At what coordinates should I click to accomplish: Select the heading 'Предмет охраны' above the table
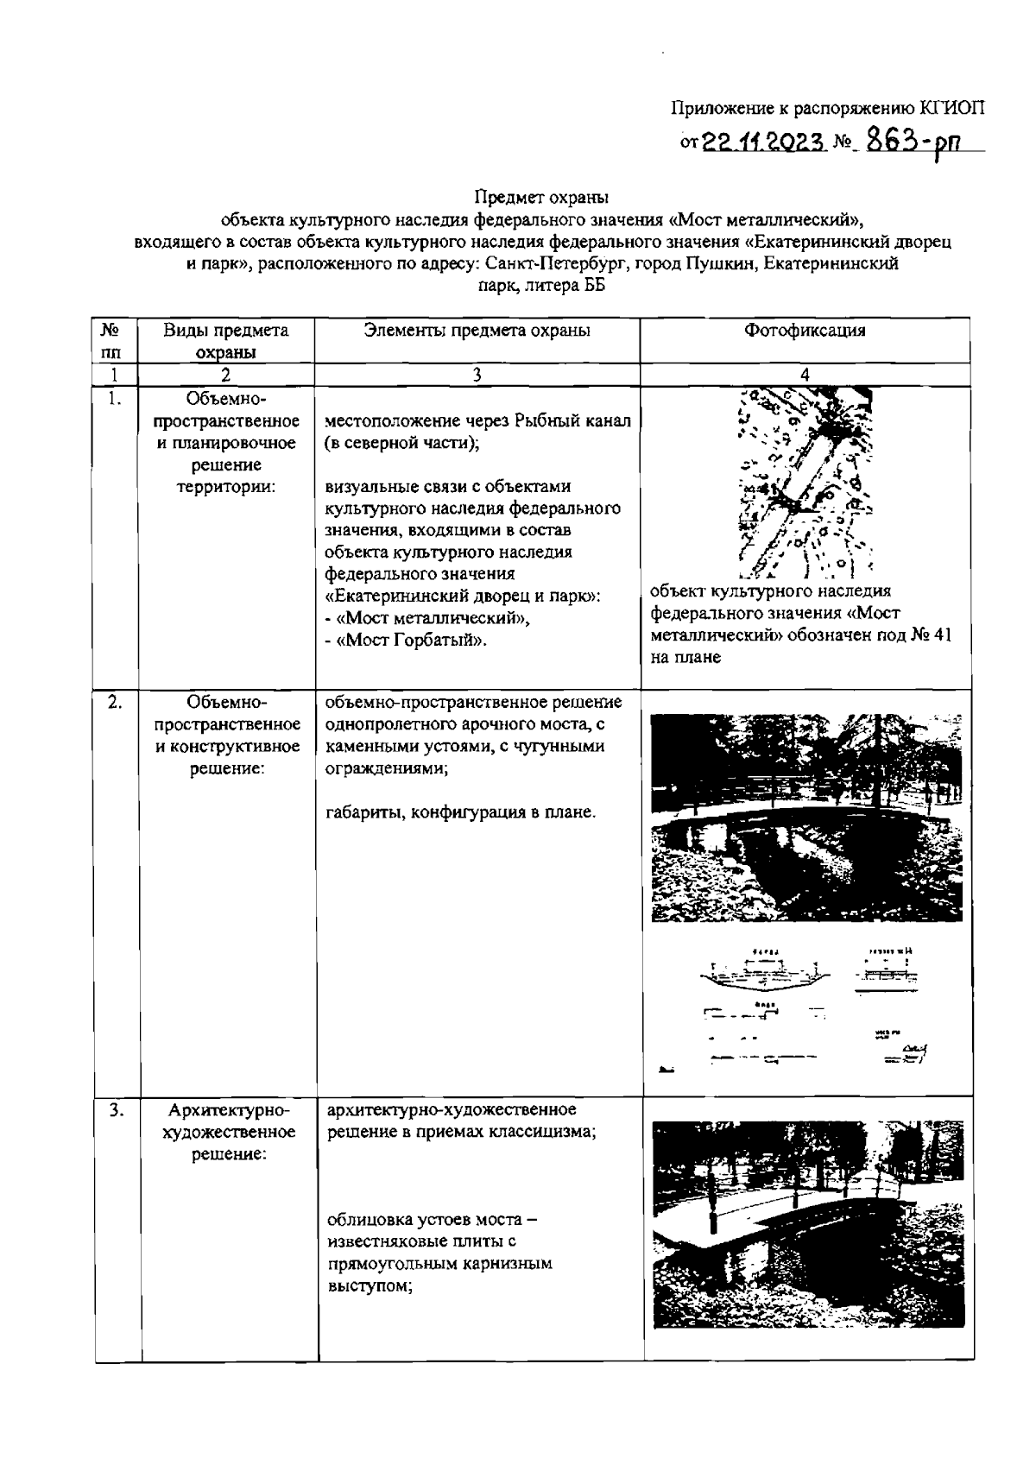(541, 198)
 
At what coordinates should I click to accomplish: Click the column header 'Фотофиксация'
(805, 330)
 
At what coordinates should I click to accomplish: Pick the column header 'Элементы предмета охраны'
(477, 330)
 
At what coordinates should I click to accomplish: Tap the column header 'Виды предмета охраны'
(226, 340)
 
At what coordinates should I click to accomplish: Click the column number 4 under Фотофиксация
(805, 375)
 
